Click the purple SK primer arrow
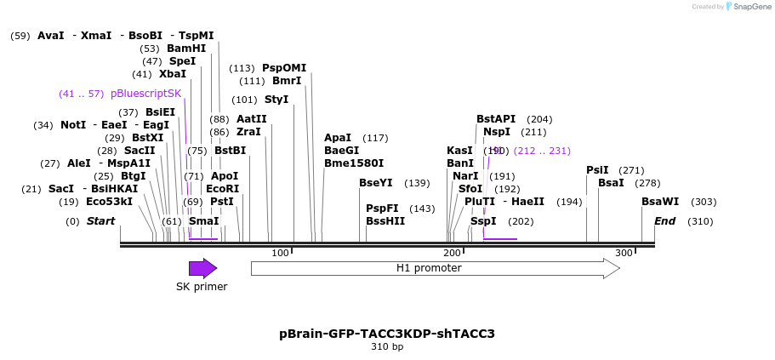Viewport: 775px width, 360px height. coord(202,269)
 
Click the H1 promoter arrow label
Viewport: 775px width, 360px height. coord(429,268)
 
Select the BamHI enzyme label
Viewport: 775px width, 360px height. coord(185,49)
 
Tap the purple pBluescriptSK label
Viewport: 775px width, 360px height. coord(145,94)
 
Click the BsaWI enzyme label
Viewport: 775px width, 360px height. coord(660,202)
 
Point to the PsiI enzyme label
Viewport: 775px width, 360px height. coord(597,170)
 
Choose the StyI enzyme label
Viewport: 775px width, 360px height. coord(276,100)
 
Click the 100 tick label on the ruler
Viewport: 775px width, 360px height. coord(280,254)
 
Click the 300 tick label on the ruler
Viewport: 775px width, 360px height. coord(624,254)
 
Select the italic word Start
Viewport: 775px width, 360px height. coord(100,221)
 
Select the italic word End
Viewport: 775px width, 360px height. coord(664,221)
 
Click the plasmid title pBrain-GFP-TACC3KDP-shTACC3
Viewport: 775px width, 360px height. coord(387,334)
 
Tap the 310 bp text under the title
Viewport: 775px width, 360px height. coord(387,347)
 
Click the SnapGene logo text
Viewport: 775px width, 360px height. coord(749,7)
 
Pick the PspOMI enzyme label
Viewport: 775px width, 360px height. coord(283,68)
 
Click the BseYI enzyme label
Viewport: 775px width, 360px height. coord(376,183)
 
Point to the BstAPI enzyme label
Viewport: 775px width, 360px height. coord(496,119)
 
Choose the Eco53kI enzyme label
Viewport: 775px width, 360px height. coord(109,202)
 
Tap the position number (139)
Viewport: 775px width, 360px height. coord(417,183)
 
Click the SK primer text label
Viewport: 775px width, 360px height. coord(202,287)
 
